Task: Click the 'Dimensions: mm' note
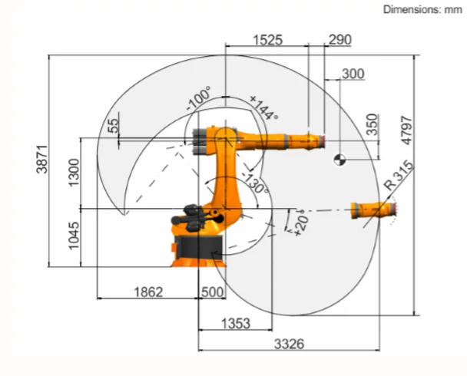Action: click(x=422, y=9)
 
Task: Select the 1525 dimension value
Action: click(x=267, y=40)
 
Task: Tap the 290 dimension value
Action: click(x=339, y=39)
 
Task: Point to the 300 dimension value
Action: click(x=353, y=74)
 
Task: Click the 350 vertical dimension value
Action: click(x=373, y=124)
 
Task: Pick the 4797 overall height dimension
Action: click(x=407, y=131)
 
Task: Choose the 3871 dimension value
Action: click(x=42, y=159)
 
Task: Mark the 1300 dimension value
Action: click(x=75, y=173)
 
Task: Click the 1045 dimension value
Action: click(x=75, y=236)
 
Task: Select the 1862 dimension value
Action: click(x=148, y=292)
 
